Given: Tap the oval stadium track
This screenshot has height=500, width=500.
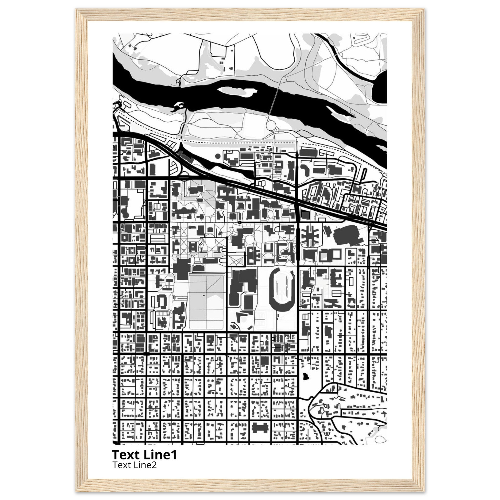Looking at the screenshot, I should pyautogui.click(x=282, y=290).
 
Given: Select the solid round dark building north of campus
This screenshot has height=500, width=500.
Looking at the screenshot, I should pyautogui.click(x=218, y=156).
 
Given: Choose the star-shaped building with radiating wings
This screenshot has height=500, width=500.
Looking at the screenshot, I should pyautogui.click(x=311, y=236).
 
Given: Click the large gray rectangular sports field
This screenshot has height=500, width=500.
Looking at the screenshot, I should pyautogui.click(x=206, y=302).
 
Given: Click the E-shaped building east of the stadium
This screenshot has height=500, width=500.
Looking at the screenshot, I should pyautogui.click(x=337, y=278).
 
